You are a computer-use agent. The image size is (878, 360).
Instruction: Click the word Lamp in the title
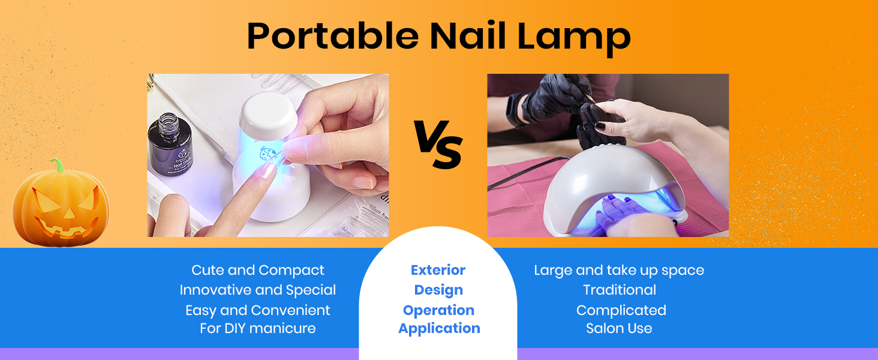574,39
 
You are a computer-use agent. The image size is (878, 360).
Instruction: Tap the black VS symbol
438,145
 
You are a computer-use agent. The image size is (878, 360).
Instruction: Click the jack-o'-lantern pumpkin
61,204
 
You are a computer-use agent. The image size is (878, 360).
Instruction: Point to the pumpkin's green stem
58,165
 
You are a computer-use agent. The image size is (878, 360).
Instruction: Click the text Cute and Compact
257,270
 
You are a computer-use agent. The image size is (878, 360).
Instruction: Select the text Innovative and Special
257,290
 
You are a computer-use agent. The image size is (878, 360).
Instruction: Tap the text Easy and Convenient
257,311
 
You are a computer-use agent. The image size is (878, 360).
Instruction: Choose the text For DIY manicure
257,328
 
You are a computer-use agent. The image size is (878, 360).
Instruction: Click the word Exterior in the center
438,270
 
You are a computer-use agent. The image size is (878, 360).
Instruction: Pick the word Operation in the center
438,311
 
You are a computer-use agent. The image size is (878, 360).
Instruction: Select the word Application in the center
439,329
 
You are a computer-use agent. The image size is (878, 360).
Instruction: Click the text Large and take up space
619,271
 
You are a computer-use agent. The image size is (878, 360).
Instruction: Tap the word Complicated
621,311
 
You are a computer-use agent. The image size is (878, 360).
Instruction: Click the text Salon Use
619,328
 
